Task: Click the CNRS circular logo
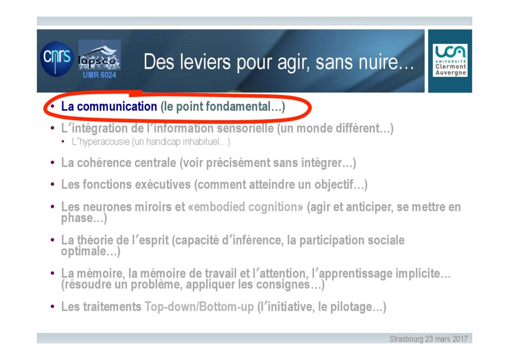(57, 59)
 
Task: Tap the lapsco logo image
(99, 55)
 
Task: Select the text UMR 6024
(99, 75)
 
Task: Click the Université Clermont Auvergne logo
(450, 60)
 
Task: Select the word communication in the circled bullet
(117, 106)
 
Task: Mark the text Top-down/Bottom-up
(199, 307)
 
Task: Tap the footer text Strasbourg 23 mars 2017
(428, 339)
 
